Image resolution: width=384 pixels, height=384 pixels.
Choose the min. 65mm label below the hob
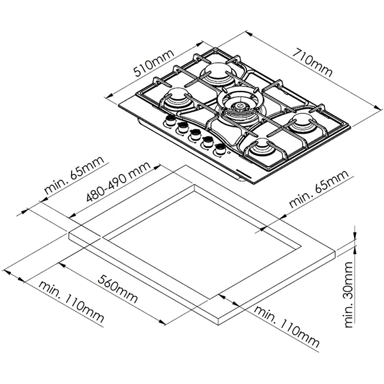coord(317,190)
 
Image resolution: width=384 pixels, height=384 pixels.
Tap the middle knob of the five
coord(194,134)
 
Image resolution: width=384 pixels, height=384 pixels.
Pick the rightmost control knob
coord(221,148)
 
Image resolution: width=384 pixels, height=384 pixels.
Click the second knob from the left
coord(182,127)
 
